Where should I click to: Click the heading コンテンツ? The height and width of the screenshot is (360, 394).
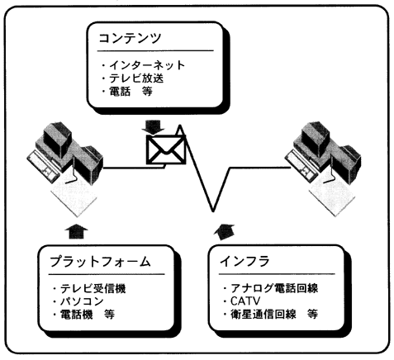coord(130,38)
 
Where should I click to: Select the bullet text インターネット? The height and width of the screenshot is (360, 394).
coord(147,65)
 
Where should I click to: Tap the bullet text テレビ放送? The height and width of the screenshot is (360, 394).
coord(136,78)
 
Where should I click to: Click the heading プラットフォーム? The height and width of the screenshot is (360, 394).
coord(100,261)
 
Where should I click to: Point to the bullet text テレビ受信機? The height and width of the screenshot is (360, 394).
coord(93,288)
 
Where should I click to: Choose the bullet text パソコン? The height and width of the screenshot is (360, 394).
coord(82,301)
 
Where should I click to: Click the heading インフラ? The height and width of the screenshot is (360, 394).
coord(244,261)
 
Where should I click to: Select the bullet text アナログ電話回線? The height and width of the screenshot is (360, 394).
coord(274,288)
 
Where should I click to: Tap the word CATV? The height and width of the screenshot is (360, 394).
coord(245,301)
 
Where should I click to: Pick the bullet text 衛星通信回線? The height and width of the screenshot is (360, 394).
coord(263,314)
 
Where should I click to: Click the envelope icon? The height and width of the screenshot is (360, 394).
coord(166,149)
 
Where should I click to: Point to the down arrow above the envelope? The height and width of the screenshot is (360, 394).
coord(153,127)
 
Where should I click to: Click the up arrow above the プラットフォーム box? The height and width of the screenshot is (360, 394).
coord(76,233)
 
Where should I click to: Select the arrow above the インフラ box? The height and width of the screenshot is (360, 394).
coord(225,233)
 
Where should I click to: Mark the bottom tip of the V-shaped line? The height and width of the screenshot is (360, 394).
coord(213,211)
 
